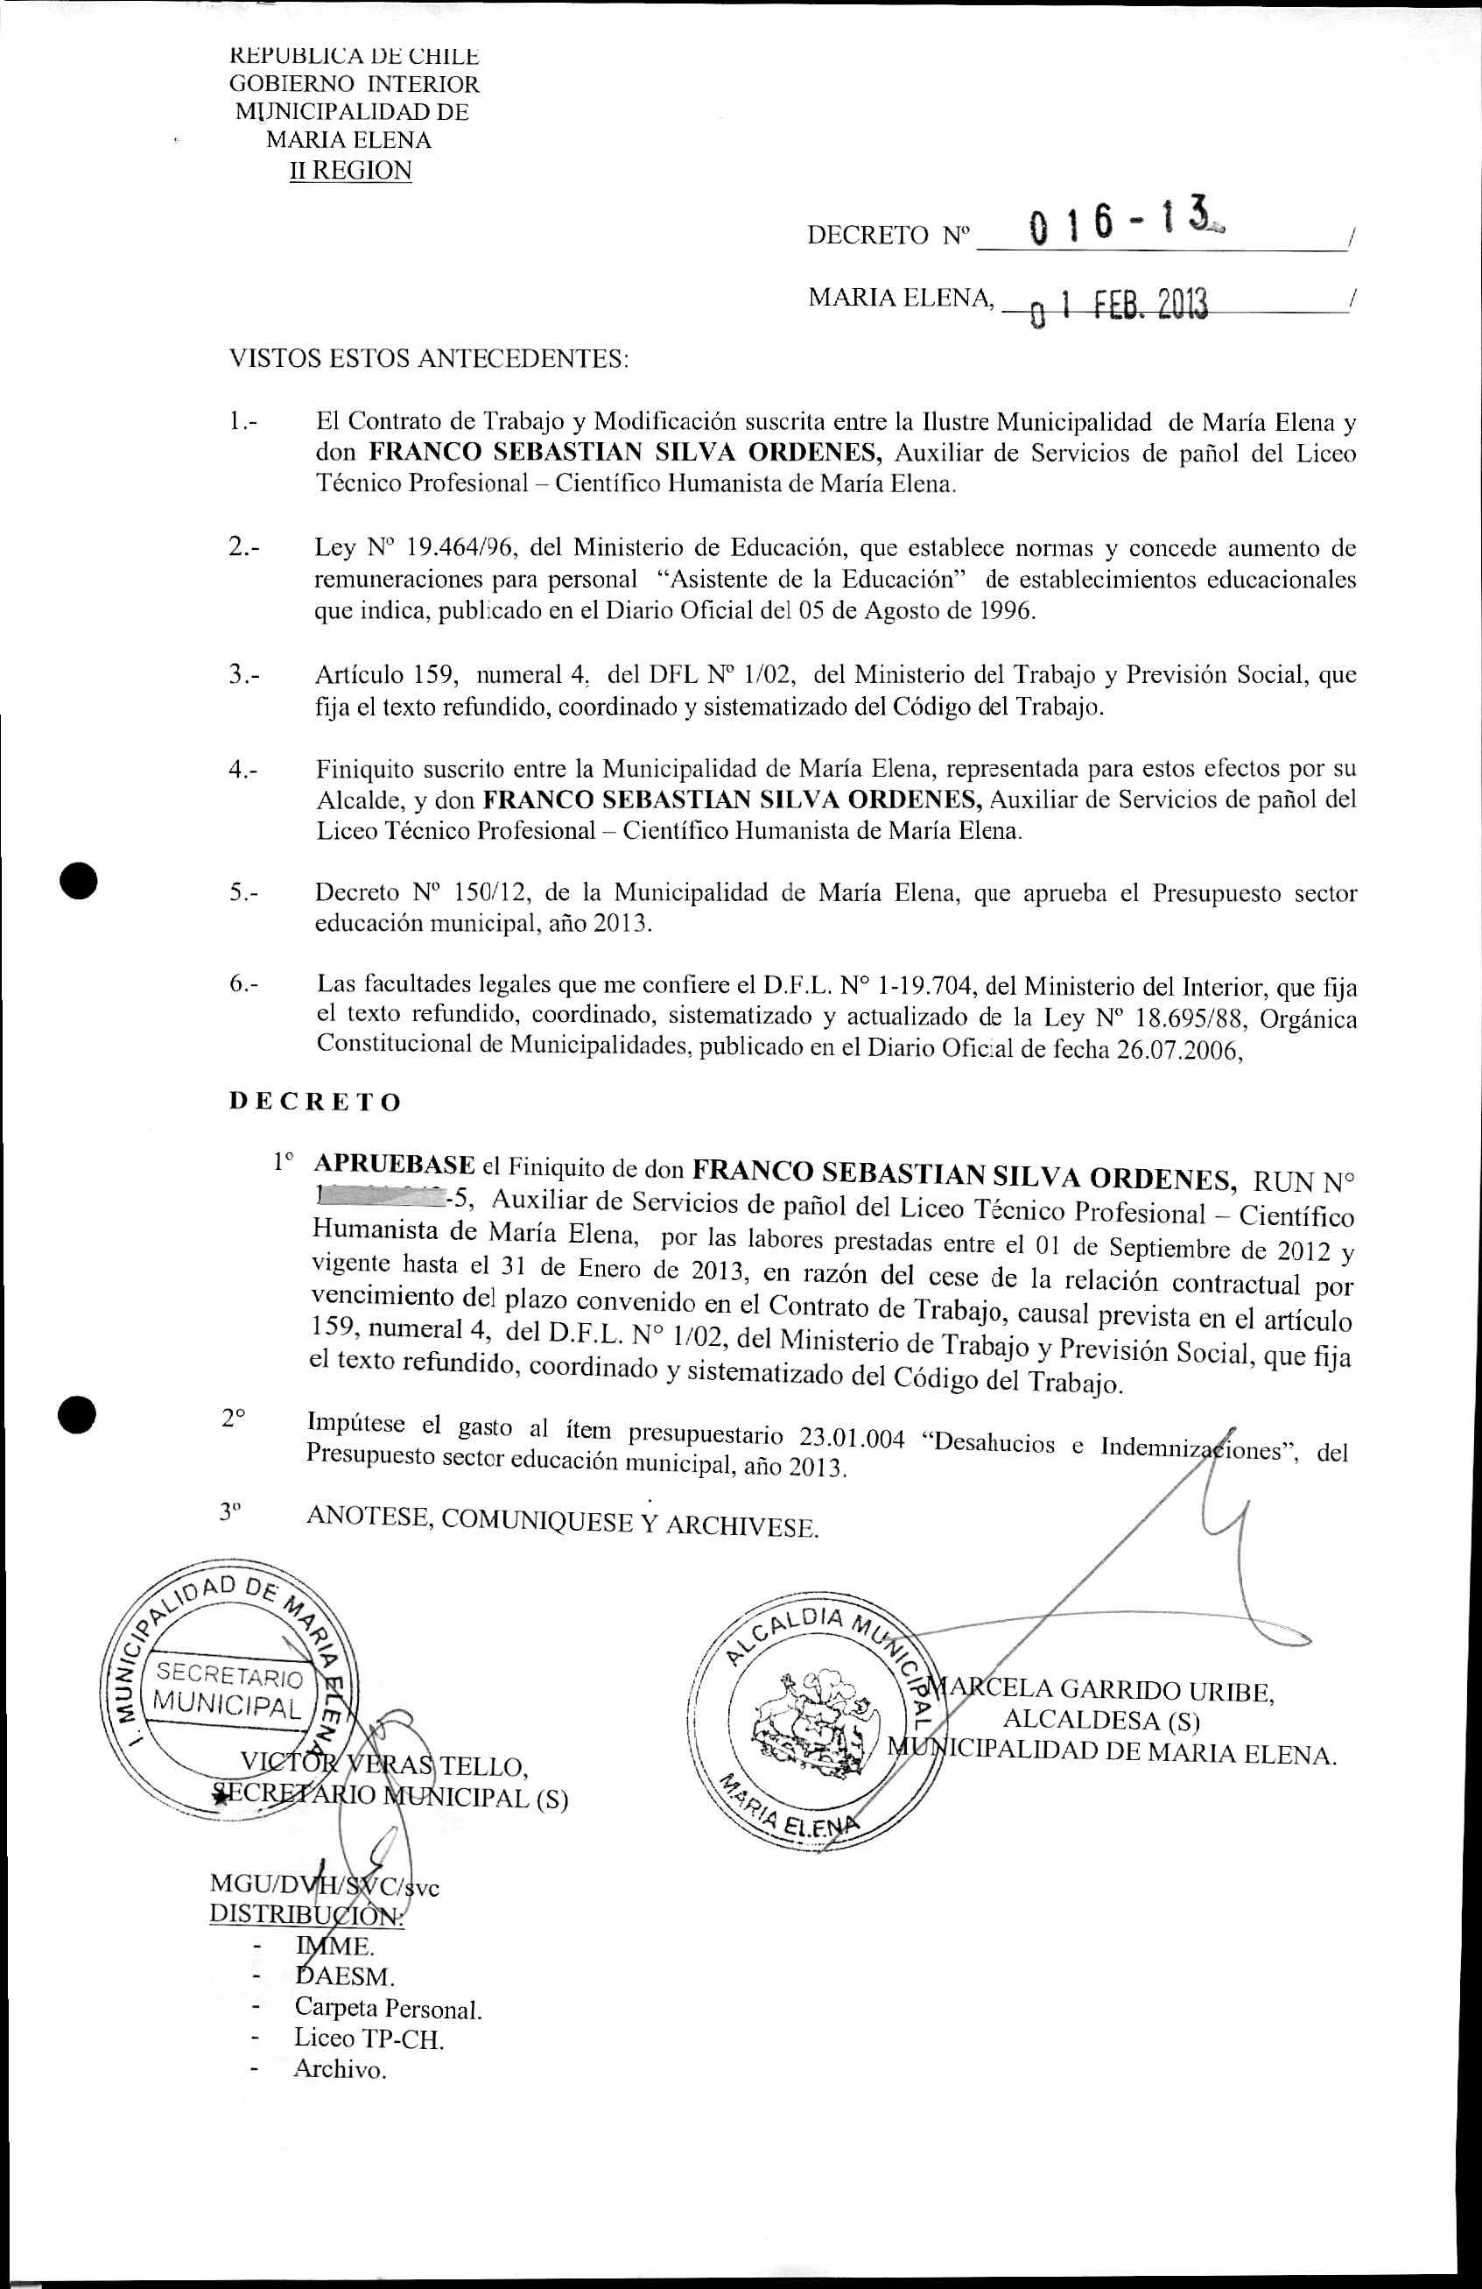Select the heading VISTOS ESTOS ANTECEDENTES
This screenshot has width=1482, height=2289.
click(x=429, y=359)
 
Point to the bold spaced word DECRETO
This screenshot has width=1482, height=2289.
click(x=314, y=1102)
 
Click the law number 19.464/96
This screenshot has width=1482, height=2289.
click(x=464, y=548)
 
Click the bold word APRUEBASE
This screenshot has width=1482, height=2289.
click(x=394, y=1165)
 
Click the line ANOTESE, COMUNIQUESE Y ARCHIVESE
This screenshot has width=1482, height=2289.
click(x=562, y=1520)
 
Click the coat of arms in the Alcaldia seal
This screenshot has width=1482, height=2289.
click(x=815, y=1726)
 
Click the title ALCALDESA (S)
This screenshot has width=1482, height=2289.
click(x=1102, y=1721)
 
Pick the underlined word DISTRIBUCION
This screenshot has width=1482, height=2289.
click(x=306, y=1913)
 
